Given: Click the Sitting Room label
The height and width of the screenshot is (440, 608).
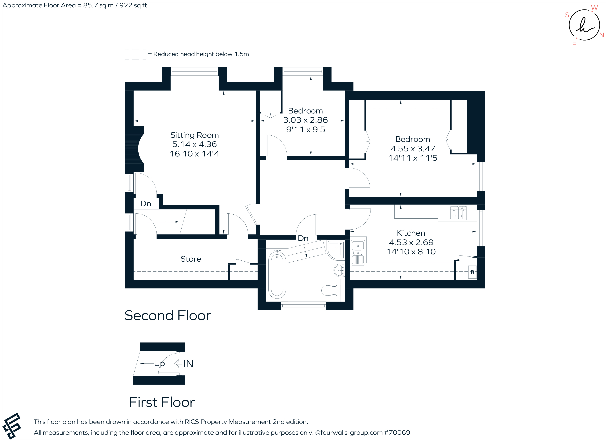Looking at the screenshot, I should click(x=194, y=135).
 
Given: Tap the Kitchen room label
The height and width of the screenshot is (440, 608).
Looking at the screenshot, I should click(x=411, y=233).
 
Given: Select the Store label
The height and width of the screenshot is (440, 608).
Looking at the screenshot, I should click(x=191, y=259).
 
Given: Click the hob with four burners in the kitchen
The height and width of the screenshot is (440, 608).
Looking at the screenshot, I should click(x=458, y=213).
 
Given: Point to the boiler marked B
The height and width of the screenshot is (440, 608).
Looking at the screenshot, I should click(x=472, y=272).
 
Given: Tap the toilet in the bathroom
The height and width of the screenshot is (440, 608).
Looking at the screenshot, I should click(x=331, y=290).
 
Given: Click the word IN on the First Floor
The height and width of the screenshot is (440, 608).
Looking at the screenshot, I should click(x=188, y=364).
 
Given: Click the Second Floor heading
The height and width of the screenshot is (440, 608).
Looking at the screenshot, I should click(x=168, y=315).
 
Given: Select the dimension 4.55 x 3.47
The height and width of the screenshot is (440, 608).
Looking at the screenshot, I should click(x=413, y=148).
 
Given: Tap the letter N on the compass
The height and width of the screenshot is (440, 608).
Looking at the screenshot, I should click(x=602, y=35).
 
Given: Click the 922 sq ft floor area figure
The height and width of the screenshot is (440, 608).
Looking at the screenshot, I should click(x=133, y=5).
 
